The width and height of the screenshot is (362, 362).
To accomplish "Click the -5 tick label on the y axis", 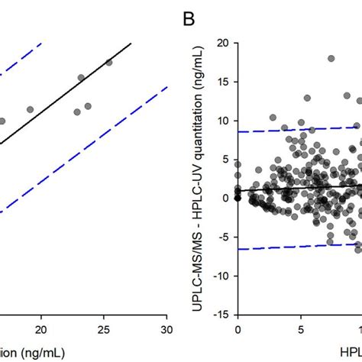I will [x=221, y=236].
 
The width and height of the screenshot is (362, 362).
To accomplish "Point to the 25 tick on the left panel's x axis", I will [x=104, y=327].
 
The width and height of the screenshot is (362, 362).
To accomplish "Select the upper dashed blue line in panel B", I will [x=290, y=131].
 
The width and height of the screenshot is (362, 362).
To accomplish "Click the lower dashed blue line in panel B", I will [x=290, y=247].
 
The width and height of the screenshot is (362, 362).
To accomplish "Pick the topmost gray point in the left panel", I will [x=108, y=63].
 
